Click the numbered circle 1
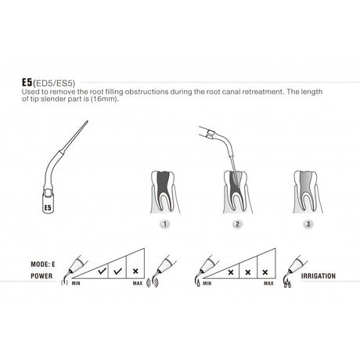[164, 223]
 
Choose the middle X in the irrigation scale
[247, 273]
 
